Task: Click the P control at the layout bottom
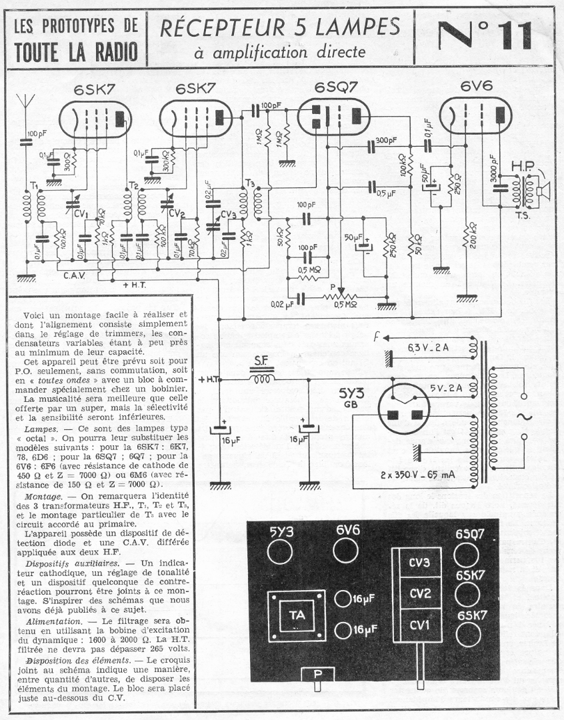[318, 674]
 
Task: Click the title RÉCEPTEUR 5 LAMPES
[280, 27]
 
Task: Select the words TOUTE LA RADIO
[75, 51]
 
